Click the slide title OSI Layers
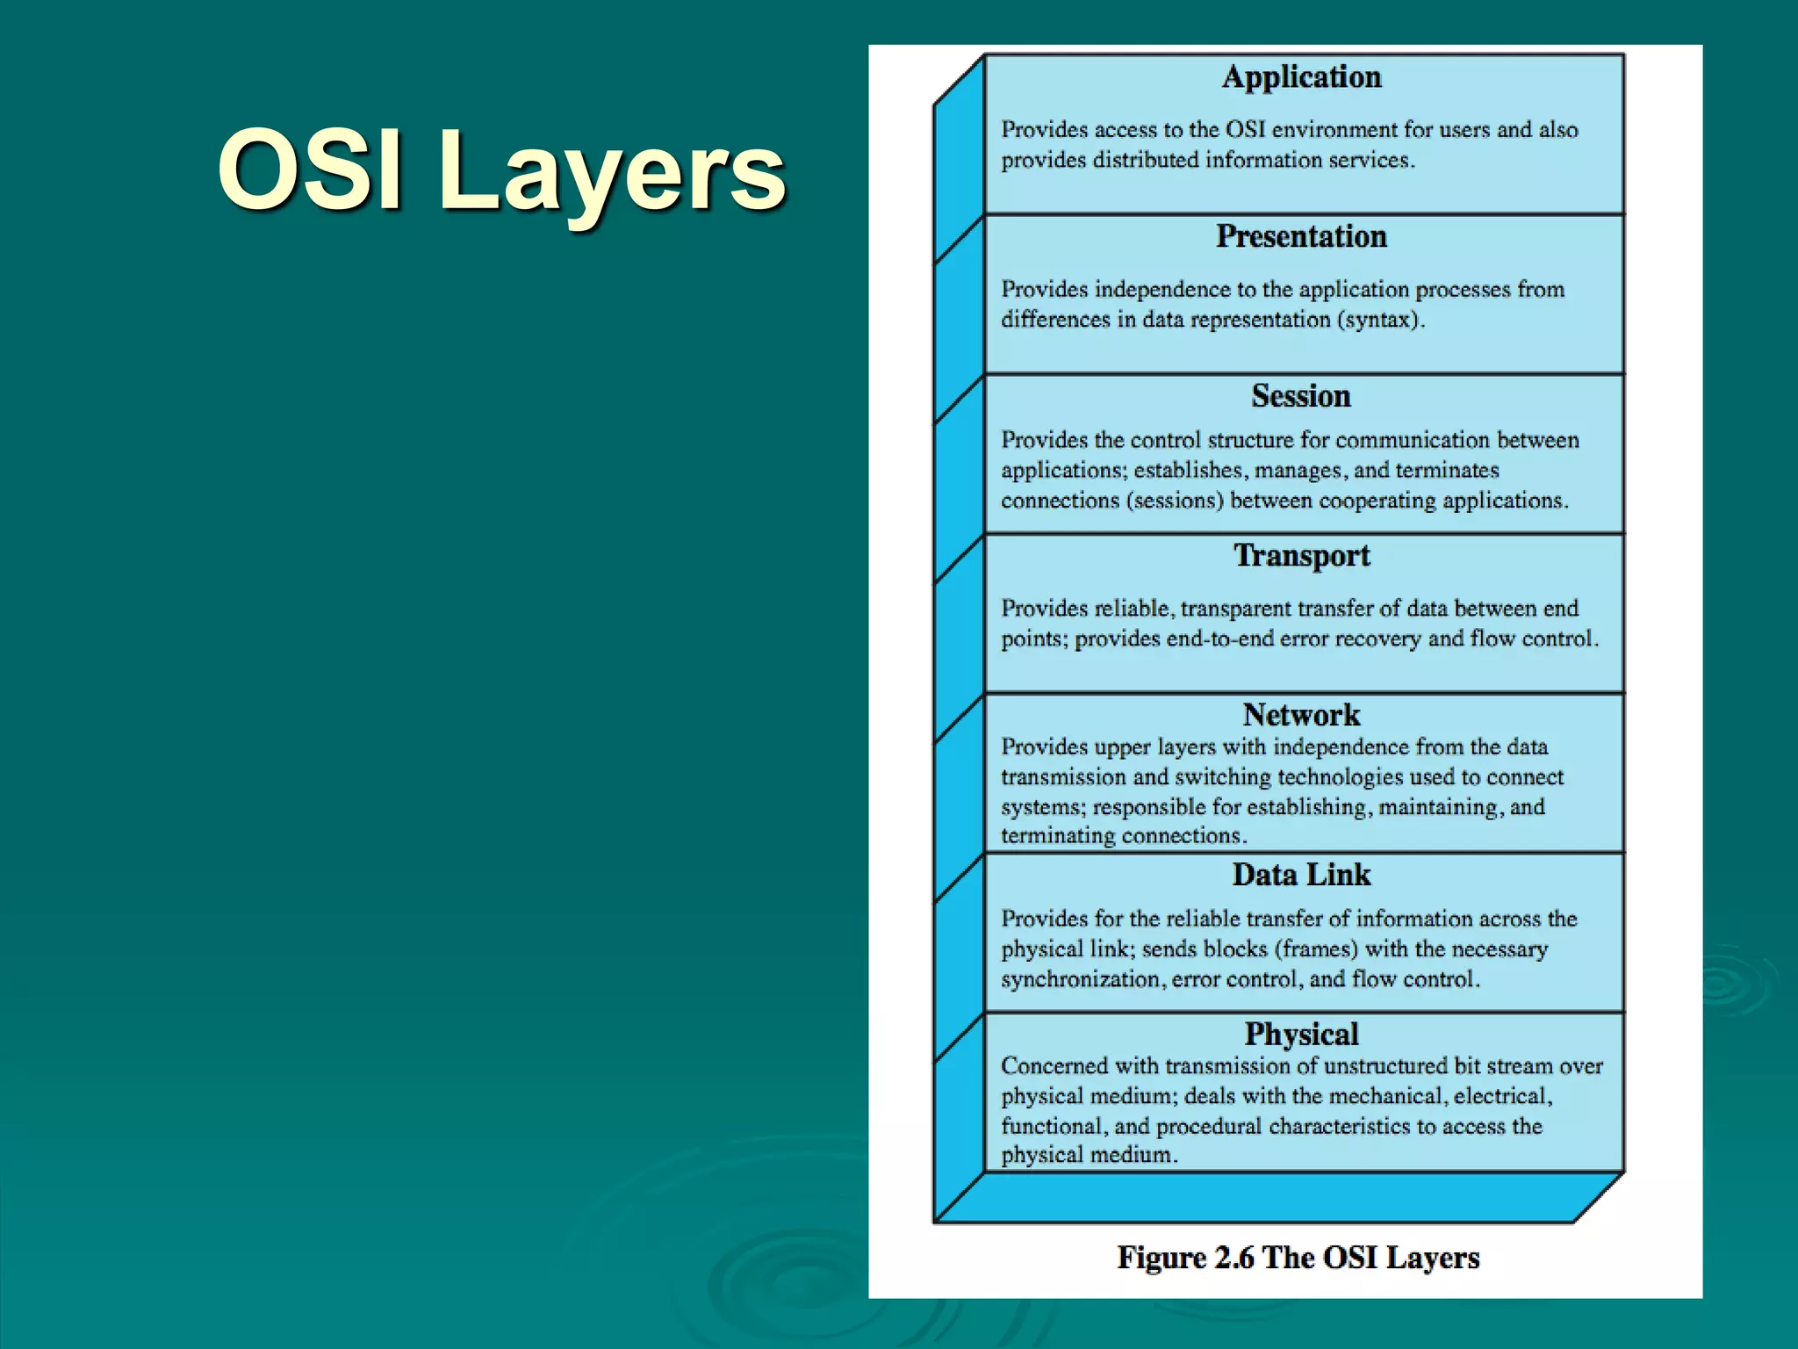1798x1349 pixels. [x=501, y=171]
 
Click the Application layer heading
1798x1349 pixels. [x=1301, y=77]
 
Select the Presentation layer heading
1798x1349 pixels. [x=1301, y=237]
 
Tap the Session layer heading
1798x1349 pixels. [x=1301, y=396]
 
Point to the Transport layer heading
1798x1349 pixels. [x=1301, y=556]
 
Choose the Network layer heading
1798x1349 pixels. [x=1301, y=715]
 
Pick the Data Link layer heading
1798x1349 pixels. [x=1301, y=875]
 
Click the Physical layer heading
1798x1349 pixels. [x=1301, y=1034]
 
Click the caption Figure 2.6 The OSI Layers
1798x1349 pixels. [x=1298, y=1258]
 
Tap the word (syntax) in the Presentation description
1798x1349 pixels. [x=1378, y=320]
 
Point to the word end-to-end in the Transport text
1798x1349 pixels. [x=1219, y=638]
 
